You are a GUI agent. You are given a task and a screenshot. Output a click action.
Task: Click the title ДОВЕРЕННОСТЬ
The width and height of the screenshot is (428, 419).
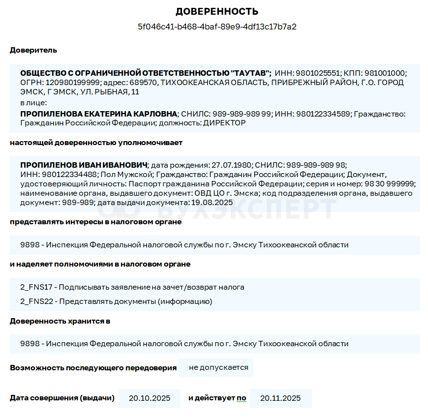point(217,12)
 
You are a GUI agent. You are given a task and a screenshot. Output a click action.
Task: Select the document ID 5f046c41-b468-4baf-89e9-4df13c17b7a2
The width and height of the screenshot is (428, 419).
point(217,27)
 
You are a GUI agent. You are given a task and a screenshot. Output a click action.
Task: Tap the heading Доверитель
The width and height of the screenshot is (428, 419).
point(33,50)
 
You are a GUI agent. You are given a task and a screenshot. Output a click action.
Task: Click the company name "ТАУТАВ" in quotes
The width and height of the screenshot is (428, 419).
point(250,73)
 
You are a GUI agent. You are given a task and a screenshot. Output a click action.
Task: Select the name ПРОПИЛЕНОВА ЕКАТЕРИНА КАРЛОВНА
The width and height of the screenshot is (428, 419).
point(98,114)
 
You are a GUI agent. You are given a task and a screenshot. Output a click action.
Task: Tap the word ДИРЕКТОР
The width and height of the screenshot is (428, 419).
point(224,123)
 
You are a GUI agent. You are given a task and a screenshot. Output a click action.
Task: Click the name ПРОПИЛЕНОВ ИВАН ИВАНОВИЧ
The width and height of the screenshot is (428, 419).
point(84,165)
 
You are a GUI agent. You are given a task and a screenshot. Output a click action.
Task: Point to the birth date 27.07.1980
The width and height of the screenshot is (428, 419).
point(231,165)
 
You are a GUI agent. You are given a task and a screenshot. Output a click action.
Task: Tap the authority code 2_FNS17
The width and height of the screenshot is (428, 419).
point(36,287)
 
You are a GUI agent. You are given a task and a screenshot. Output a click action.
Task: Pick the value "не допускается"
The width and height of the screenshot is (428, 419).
point(218,367)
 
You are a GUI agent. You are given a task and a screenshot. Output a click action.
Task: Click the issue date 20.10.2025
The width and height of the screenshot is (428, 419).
point(149,398)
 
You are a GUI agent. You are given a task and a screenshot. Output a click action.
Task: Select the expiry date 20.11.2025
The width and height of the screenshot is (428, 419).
point(280,398)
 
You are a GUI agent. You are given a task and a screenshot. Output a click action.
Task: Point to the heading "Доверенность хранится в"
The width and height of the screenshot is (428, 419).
point(60,321)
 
